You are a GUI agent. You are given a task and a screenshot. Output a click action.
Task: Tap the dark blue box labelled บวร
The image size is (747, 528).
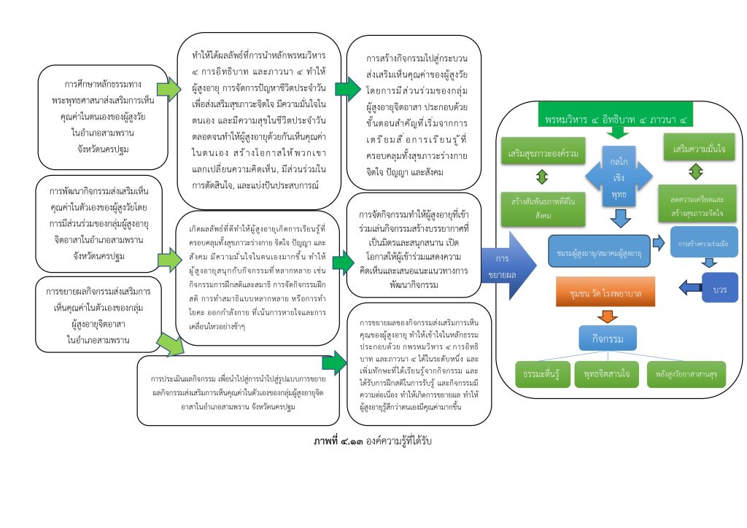[x=719, y=289]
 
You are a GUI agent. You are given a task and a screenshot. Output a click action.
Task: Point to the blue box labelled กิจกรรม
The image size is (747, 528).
[x=608, y=338]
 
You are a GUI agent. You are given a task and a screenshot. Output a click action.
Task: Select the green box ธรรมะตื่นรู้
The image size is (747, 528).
[x=541, y=374]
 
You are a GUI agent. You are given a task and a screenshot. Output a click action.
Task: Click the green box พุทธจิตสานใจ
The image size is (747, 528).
[x=607, y=374]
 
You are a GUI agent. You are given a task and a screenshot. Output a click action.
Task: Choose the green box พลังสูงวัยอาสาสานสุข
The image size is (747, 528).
[x=686, y=374]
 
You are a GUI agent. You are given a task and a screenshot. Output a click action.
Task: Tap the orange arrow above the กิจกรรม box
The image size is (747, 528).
[x=606, y=316]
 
